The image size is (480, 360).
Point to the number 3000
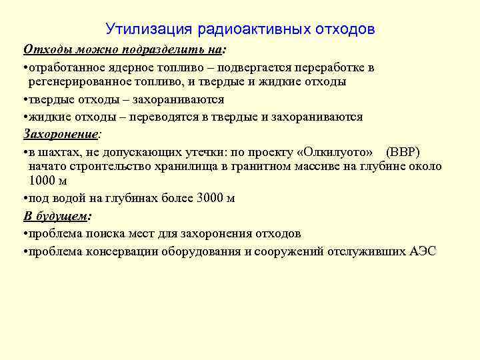(x=211, y=198)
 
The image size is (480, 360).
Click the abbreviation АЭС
(x=423, y=251)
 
